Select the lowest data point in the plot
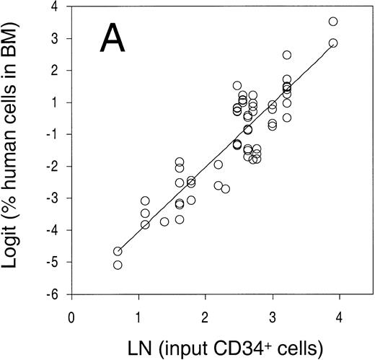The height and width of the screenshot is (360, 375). point(118,265)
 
